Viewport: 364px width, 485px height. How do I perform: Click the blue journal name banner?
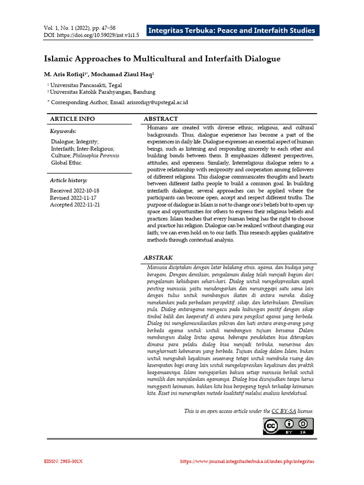coord(231,31)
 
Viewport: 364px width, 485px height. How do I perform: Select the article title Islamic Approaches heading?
coord(162,59)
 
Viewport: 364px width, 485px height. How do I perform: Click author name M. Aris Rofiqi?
coord(65,74)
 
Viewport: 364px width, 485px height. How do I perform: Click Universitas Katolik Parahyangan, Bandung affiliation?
coord(102,92)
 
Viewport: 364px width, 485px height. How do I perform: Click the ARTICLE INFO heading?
coord(72,119)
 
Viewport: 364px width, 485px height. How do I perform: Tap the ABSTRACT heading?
coord(161,119)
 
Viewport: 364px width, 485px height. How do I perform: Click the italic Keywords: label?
coord(63,131)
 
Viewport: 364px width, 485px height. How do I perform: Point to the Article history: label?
coord(68,180)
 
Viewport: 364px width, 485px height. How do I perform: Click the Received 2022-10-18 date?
coord(74,190)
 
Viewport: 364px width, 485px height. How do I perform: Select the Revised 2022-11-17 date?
coord(73,198)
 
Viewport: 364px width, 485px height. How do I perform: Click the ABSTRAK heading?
coord(158,257)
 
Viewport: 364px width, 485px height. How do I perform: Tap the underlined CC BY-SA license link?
coord(283,411)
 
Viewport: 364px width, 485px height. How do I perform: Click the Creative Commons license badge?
coord(288,426)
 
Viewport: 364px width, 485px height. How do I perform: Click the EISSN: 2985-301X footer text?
coord(64,461)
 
